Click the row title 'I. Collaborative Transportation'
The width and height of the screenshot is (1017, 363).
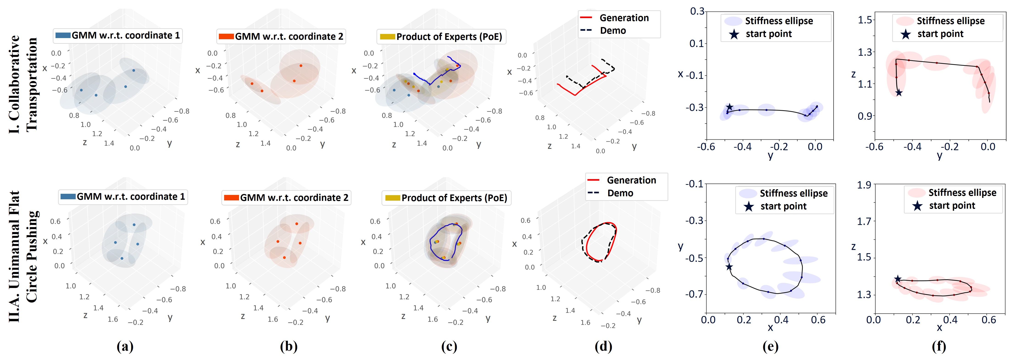(23, 84)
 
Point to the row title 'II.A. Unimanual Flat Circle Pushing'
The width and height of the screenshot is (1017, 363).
(23, 256)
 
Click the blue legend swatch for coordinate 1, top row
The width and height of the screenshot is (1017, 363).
(63, 35)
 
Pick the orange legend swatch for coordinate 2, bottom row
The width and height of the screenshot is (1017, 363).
(231, 197)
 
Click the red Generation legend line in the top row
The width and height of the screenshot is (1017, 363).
(586, 18)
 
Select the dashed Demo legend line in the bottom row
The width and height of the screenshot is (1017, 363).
(593, 193)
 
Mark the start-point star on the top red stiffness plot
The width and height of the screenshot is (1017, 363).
(899, 93)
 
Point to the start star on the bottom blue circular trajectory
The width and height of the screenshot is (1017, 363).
(729, 267)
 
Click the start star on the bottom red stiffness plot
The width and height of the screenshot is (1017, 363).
(898, 279)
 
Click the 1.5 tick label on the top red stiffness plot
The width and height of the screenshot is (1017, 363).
(866, 20)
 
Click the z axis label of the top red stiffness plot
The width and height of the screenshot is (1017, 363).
(854, 74)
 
